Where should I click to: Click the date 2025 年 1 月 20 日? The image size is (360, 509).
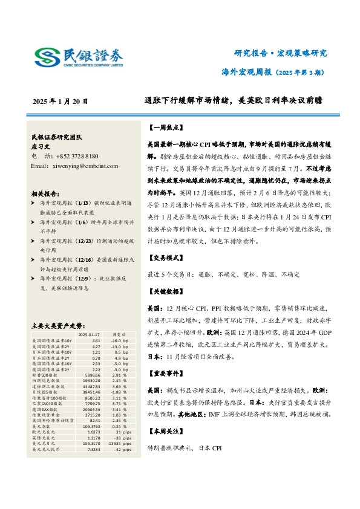point(61,102)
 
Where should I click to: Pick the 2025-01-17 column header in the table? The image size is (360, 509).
point(90,334)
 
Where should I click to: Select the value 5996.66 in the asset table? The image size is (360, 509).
point(91,374)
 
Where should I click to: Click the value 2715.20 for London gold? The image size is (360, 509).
point(91,415)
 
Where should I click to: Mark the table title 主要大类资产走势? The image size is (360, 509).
point(61,325)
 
